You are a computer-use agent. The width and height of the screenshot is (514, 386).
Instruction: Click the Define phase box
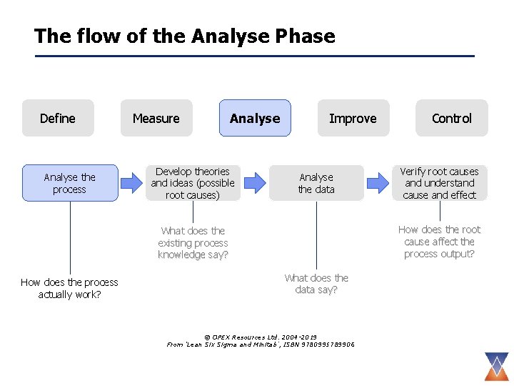tap(58, 118)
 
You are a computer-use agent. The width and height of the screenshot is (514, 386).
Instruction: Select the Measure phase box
tap(156, 118)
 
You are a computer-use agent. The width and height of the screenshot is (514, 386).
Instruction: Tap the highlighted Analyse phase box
tap(255, 118)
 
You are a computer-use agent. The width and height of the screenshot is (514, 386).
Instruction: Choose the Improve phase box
tap(353, 118)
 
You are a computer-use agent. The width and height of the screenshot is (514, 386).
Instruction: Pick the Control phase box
tap(452, 118)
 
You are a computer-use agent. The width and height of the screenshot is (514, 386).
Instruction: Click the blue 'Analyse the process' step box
tap(70, 183)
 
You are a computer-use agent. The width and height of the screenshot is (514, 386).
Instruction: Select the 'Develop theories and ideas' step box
tap(193, 183)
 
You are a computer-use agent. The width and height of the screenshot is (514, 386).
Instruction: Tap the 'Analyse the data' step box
tap(316, 183)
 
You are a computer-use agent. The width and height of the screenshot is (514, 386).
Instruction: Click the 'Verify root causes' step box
tap(439, 183)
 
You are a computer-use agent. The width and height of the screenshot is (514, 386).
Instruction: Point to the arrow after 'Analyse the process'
tap(131, 183)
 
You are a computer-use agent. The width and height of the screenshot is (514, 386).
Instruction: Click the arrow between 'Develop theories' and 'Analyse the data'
tap(254, 183)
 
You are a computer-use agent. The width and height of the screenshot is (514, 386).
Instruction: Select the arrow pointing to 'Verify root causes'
tap(378, 183)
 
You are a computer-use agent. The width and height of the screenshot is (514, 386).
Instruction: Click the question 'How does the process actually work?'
tap(70, 288)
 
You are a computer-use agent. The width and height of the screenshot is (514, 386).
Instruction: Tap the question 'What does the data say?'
tap(316, 283)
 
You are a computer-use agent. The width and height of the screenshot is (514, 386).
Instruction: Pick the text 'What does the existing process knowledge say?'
tap(193, 242)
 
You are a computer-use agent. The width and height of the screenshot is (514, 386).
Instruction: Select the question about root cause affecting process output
tap(439, 242)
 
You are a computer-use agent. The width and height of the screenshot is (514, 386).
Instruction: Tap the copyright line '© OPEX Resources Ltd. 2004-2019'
tap(261, 337)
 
